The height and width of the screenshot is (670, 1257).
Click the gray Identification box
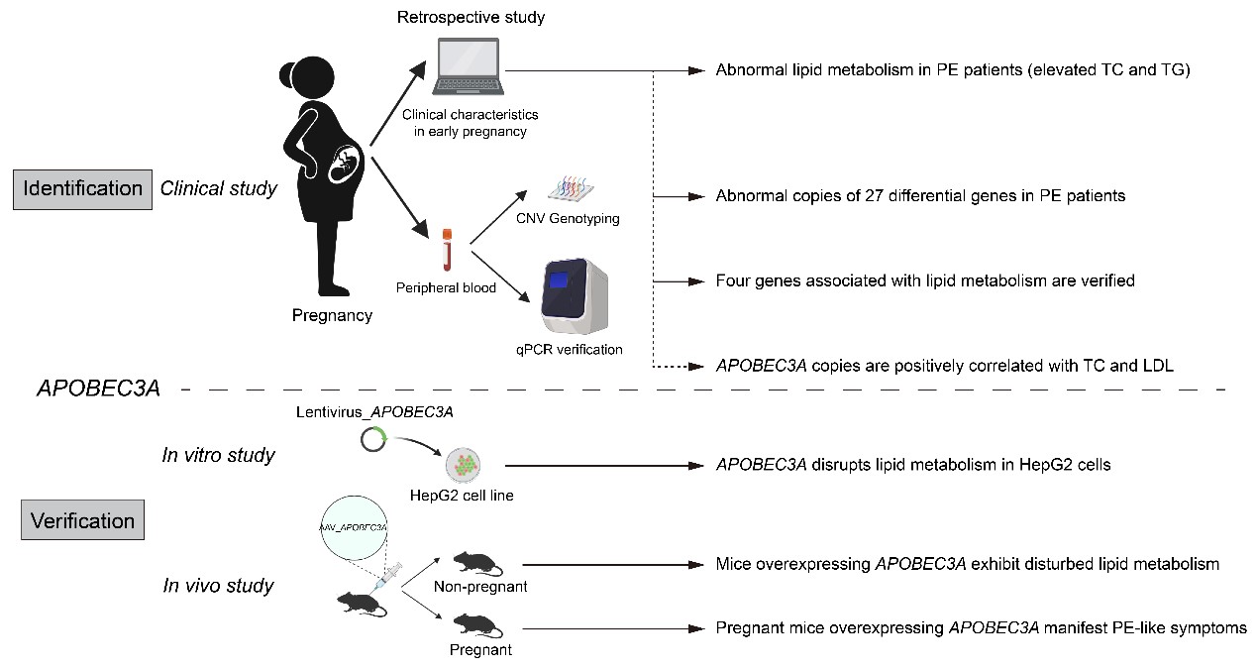point(83,188)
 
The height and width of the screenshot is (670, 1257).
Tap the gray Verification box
point(83,520)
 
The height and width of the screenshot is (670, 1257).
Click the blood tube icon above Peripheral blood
point(447,252)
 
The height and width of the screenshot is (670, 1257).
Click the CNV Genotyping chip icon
point(575,188)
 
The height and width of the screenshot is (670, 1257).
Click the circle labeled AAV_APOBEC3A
point(355,526)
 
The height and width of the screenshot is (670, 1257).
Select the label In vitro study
point(218,456)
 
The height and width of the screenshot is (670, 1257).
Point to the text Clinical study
point(218,188)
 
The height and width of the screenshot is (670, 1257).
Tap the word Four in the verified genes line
point(733,280)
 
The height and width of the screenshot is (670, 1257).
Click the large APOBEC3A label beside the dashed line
point(98,389)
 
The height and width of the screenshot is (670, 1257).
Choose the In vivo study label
point(218,586)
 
